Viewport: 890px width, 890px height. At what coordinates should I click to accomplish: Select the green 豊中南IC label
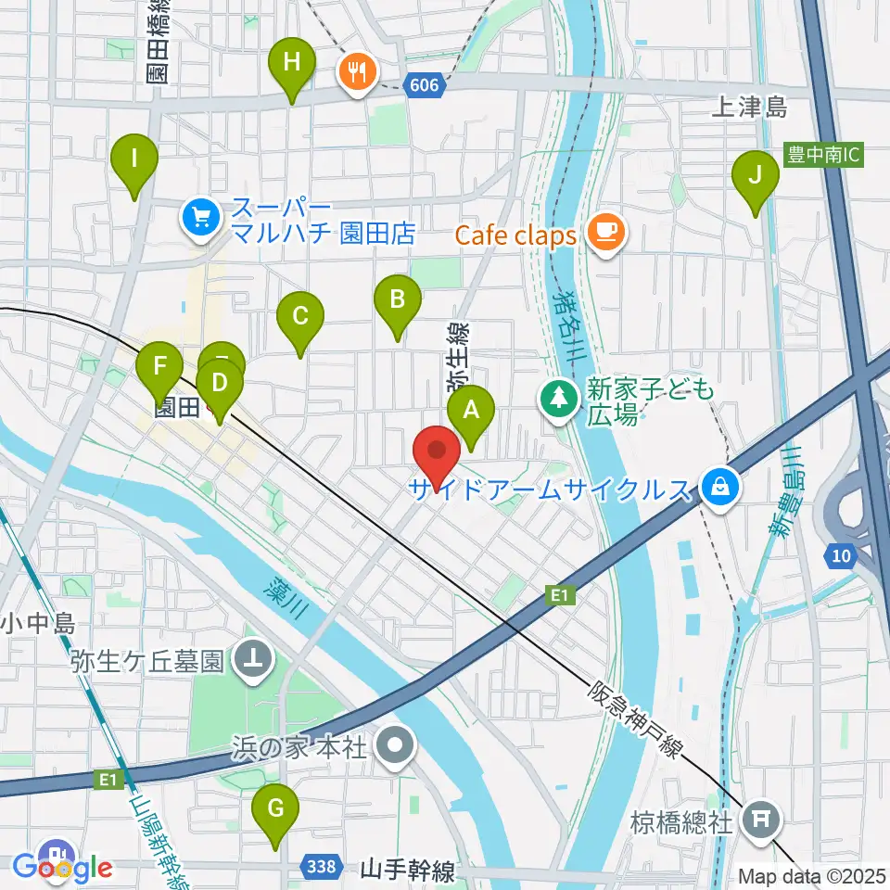coord(824,153)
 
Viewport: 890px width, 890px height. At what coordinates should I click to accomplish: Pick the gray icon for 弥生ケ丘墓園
coord(253,660)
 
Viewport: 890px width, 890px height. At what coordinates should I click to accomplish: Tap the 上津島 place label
coord(749,108)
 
